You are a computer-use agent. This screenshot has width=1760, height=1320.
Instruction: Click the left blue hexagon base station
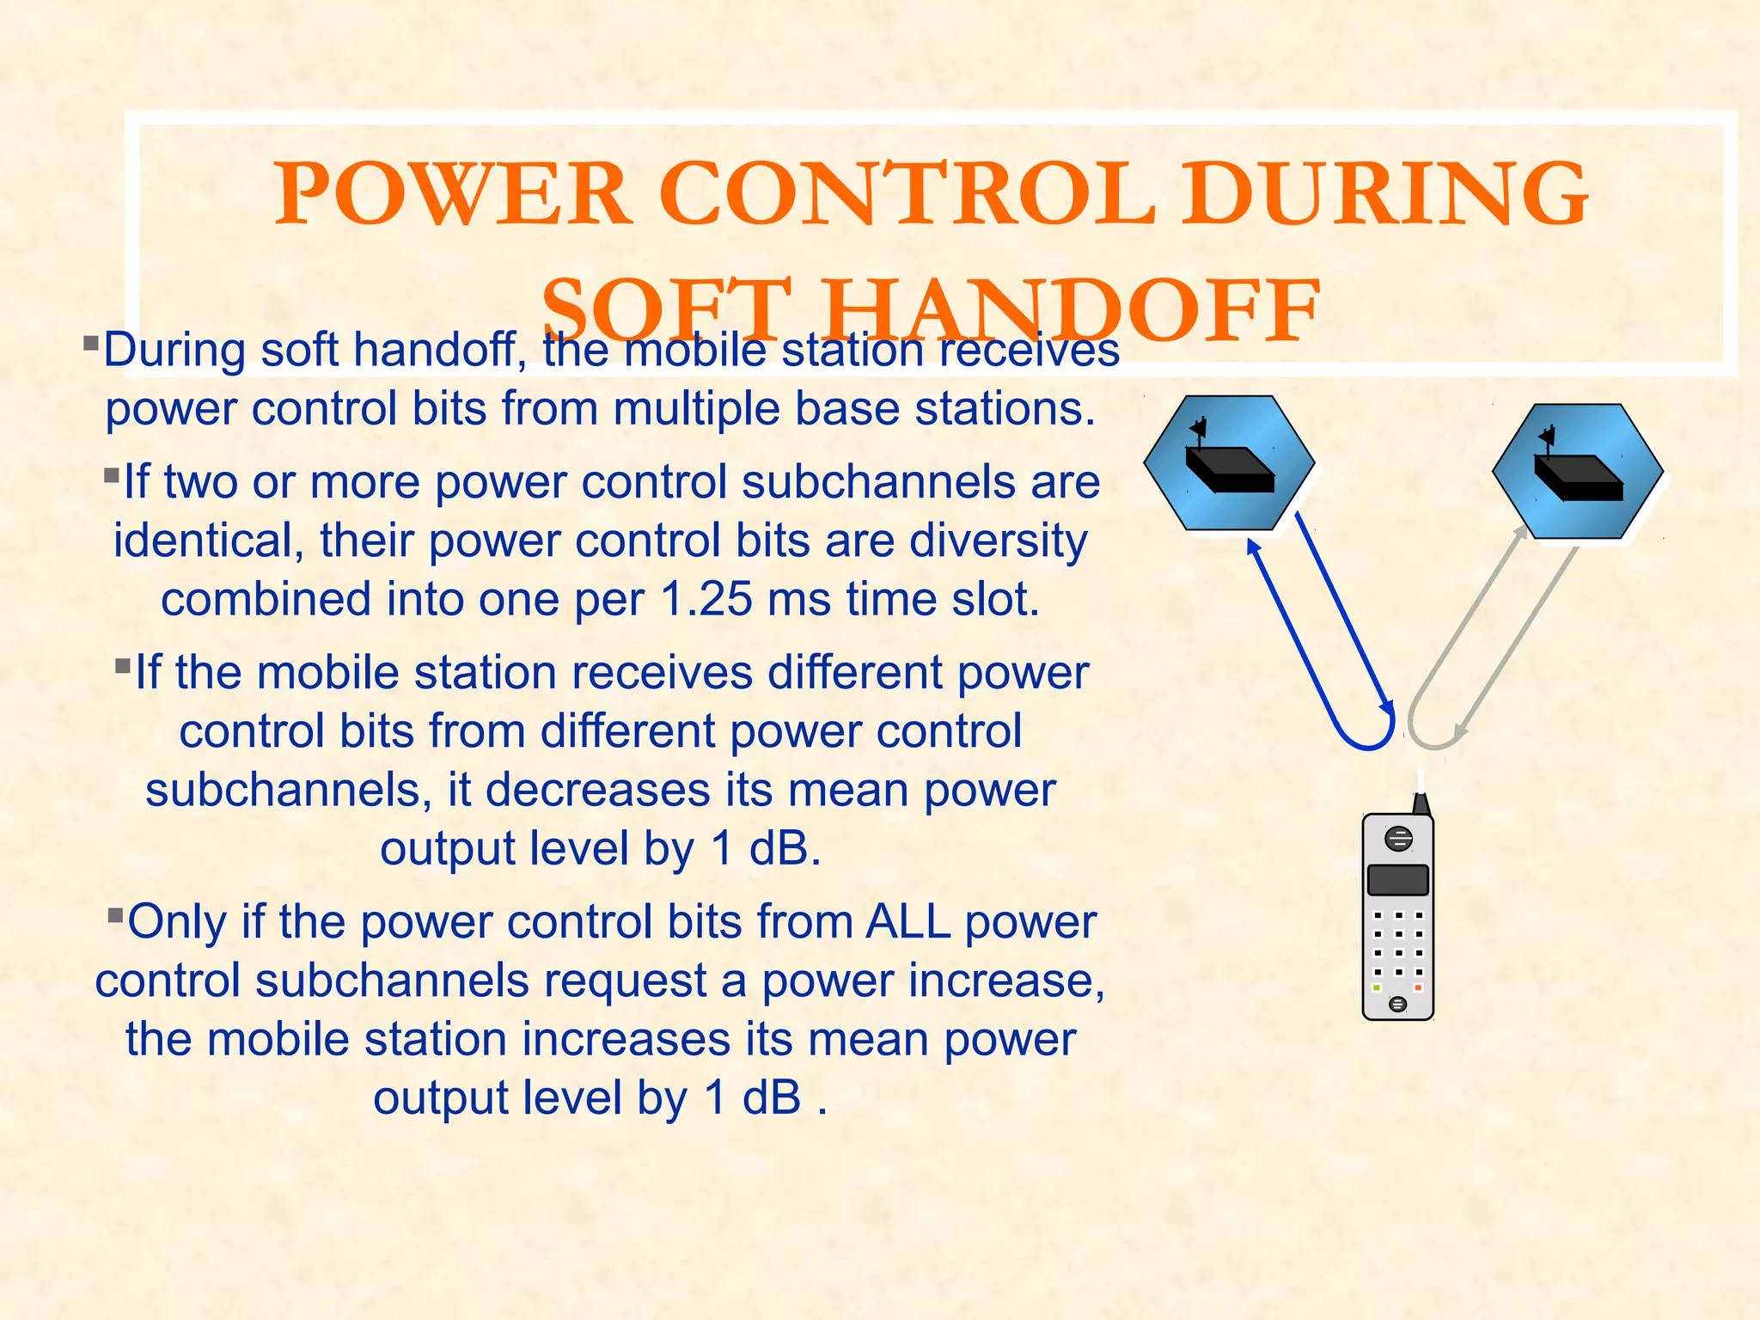pos(1229,464)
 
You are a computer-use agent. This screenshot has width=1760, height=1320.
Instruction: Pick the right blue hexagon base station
pos(1578,472)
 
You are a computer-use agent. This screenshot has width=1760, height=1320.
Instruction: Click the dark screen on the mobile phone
pos(1397,880)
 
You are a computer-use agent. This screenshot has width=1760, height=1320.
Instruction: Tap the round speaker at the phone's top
pos(1399,838)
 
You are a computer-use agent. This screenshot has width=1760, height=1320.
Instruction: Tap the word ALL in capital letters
pos(907,923)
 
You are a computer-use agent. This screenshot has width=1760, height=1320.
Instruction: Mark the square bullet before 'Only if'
pos(116,914)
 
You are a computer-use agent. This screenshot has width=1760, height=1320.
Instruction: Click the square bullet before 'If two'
pos(112,475)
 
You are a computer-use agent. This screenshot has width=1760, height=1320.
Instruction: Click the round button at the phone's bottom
pos(1397,1004)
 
